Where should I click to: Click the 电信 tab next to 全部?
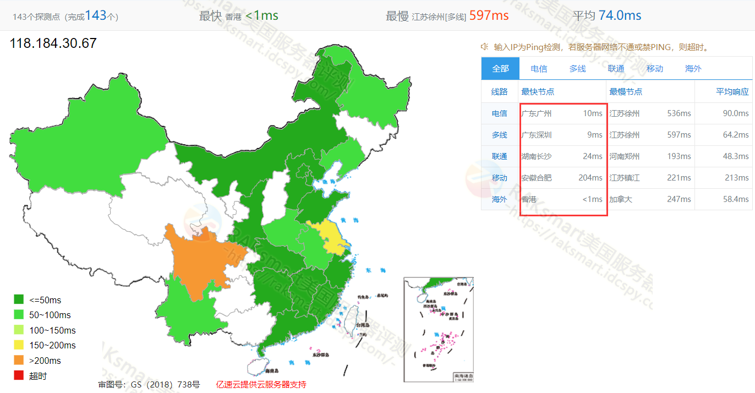tap(539, 69)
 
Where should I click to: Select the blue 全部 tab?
tap(500, 69)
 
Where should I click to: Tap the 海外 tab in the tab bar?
tap(693, 69)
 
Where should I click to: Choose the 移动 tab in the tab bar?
tap(655, 69)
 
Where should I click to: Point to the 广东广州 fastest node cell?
tap(537, 113)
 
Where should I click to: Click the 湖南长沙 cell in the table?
tap(537, 156)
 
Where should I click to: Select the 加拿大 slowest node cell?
tap(621, 199)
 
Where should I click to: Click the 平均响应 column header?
tap(732, 92)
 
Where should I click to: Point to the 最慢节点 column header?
tap(626, 92)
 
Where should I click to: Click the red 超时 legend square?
tap(19, 376)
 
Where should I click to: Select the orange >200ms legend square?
tap(19, 361)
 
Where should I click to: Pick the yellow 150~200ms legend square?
tap(19, 345)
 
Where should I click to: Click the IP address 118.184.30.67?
tap(53, 43)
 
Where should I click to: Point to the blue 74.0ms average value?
tap(620, 15)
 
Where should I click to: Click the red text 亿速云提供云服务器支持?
tap(261, 384)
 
